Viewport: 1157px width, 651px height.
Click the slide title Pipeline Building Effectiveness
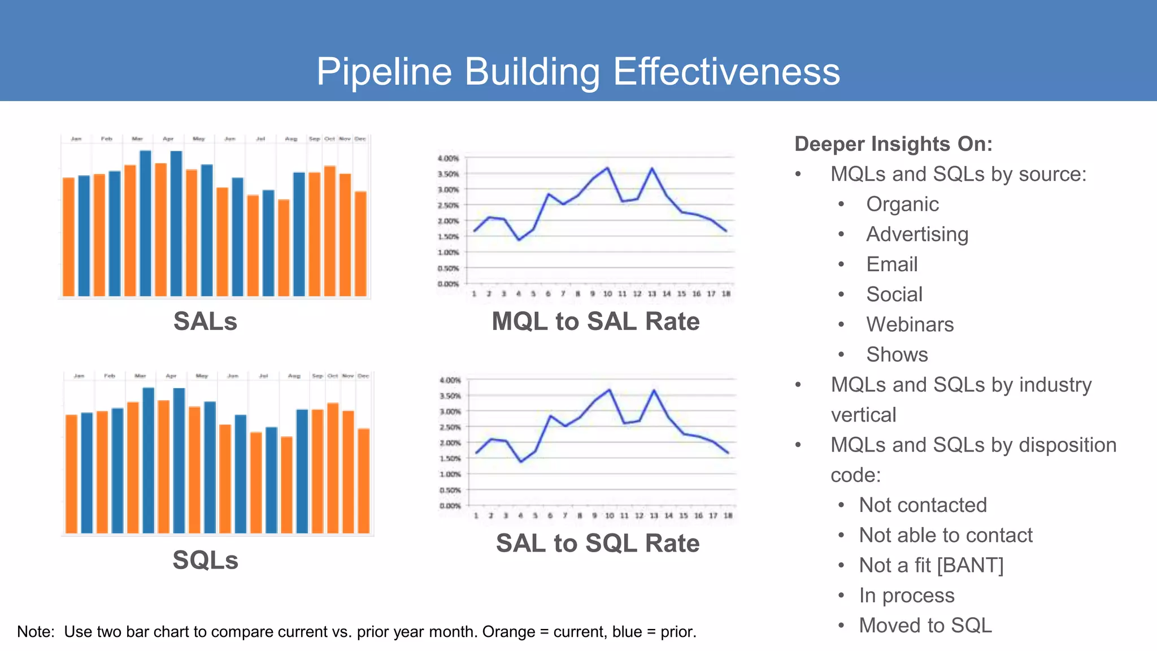(x=578, y=72)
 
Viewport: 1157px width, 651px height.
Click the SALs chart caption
(x=205, y=322)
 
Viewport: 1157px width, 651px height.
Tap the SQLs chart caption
(x=205, y=560)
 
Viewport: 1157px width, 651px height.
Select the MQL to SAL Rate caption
(x=595, y=322)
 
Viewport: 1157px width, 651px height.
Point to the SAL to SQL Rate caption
(x=598, y=543)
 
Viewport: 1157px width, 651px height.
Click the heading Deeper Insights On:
(x=893, y=144)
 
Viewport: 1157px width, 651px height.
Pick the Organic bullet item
(x=902, y=204)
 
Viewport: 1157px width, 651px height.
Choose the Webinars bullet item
(x=910, y=324)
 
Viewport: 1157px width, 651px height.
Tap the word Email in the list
(x=891, y=264)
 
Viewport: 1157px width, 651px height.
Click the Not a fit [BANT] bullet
(x=931, y=565)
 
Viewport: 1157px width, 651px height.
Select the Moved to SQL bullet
(x=925, y=626)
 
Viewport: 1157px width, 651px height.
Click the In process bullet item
(x=906, y=596)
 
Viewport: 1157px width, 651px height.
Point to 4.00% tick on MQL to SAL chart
(x=448, y=159)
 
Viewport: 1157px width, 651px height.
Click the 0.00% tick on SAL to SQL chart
(x=450, y=506)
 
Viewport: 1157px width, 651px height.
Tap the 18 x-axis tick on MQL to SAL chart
(x=726, y=294)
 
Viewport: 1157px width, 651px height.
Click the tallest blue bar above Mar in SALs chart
(x=145, y=223)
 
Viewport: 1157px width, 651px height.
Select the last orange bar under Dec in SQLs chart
(x=363, y=480)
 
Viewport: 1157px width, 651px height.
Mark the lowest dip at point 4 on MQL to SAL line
(x=519, y=240)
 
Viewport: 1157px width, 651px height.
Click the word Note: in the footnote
(x=36, y=632)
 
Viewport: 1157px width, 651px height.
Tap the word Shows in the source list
(x=897, y=355)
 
